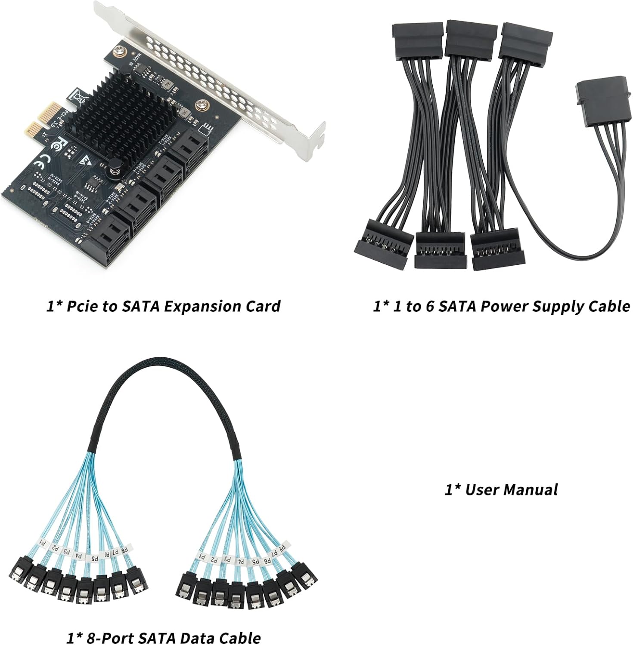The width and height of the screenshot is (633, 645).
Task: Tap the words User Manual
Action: click(x=512, y=489)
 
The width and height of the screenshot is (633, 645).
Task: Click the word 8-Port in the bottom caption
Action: click(x=103, y=638)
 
